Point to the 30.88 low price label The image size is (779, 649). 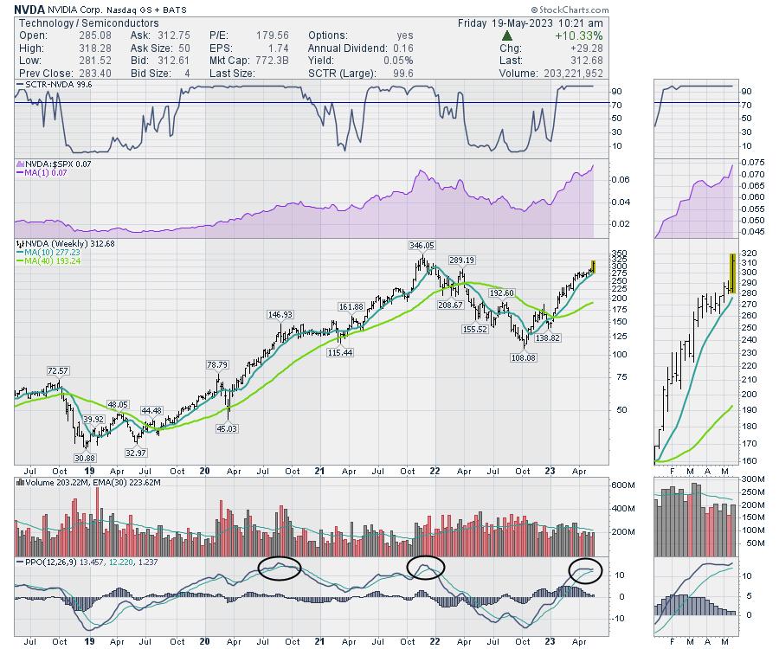pos(84,457)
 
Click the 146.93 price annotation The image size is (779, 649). pos(281,314)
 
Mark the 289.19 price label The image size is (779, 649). pos(462,260)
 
